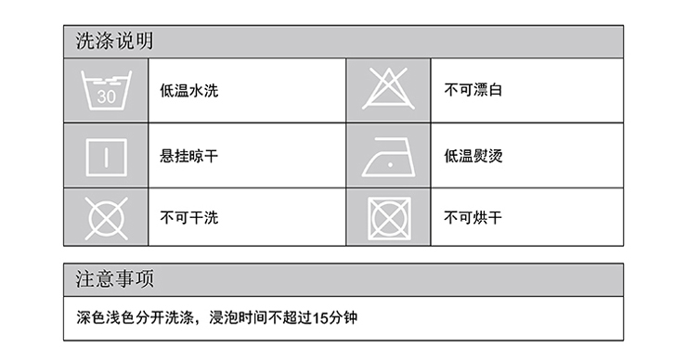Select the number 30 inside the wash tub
point(106,96)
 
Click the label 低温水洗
point(190,91)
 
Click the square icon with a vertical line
point(106,155)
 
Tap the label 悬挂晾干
point(190,155)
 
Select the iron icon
point(389,158)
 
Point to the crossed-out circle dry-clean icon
point(106,218)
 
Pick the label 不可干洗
point(190,218)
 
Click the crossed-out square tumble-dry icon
point(389,218)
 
